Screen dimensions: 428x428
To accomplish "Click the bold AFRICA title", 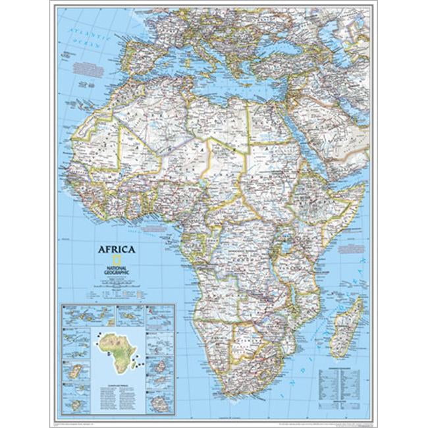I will click(117, 250).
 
